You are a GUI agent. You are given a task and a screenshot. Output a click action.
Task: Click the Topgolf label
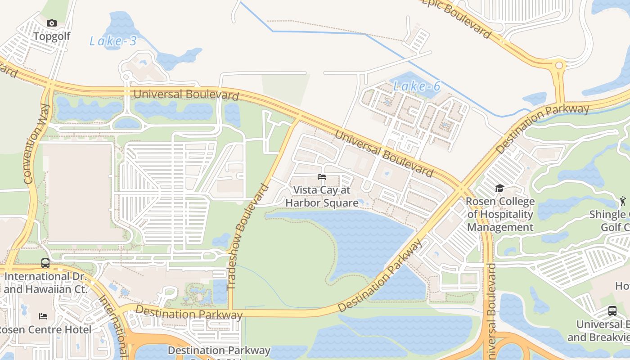point(52,36)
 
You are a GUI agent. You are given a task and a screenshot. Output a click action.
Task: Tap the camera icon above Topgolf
point(52,23)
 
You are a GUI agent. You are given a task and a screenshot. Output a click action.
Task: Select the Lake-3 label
point(112,41)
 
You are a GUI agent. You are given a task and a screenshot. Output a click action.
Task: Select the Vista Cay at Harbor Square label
point(322,197)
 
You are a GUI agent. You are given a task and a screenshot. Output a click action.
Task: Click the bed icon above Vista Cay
point(321,177)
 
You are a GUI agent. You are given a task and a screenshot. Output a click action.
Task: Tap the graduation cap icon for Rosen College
point(499,188)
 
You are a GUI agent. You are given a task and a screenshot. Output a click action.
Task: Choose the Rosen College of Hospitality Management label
point(500,214)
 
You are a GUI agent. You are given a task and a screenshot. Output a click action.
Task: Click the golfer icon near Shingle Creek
point(622,200)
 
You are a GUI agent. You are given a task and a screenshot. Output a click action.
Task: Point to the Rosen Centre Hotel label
point(45,330)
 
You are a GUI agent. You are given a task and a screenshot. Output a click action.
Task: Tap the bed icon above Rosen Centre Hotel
point(43,316)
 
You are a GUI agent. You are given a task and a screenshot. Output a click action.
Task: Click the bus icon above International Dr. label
point(45,263)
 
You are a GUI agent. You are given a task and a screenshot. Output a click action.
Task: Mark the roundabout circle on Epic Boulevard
point(559,65)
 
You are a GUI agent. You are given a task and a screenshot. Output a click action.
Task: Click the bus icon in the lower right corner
point(612,310)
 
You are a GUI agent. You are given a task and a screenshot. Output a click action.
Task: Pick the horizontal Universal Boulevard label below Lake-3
point(186,95)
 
